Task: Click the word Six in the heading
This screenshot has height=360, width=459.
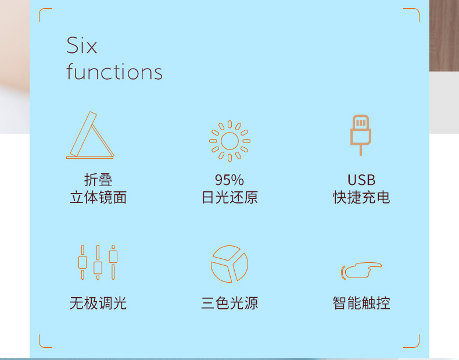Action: coord(82,46)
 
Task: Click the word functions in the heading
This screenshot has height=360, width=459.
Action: coord(114,72)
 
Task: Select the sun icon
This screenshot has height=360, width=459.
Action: coord(229,141)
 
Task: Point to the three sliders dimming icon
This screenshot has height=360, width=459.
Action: coord(98,263)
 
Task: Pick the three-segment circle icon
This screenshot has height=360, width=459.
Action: coord(229,264)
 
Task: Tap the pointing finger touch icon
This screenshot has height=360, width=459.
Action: coord(361,270)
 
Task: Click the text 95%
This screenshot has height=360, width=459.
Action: coord(229,180)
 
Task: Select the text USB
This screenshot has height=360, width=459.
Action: coord(361,180)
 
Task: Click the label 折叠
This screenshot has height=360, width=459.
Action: coord(98,180)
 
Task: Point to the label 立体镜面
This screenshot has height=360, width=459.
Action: coord(98,198)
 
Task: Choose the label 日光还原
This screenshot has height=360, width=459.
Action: coord(229,198)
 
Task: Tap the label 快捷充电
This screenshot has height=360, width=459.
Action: coord(361,198)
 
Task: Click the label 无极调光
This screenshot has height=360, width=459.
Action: coord(98,303)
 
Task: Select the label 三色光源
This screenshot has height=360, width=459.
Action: coord(229,303)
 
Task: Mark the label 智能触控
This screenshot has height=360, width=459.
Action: coord(361,303)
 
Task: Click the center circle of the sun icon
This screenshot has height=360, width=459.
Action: coord(229,141)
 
